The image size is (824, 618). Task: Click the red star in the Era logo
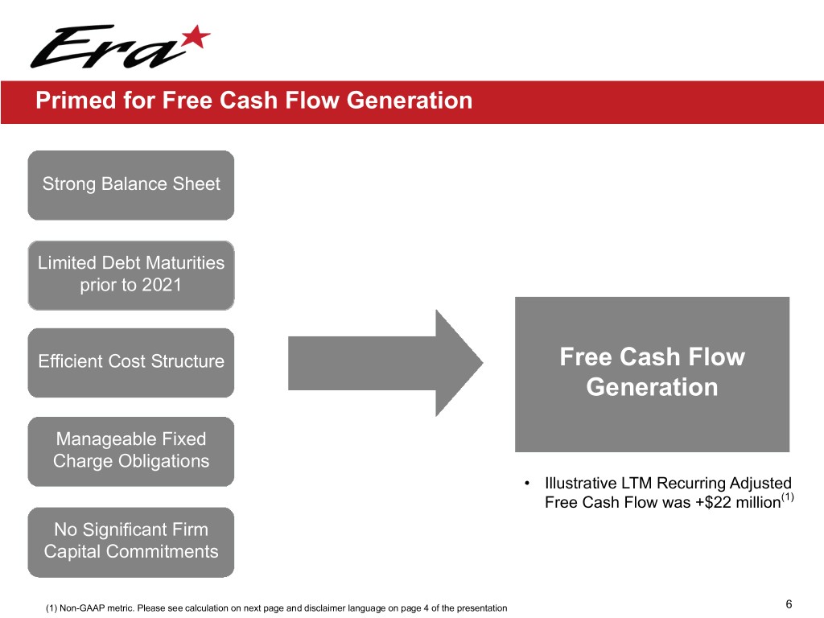point(196,37)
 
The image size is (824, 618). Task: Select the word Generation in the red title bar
point(410,101)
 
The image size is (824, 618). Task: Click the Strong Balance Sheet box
point(131,185)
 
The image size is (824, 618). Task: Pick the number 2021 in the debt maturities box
point(162,285)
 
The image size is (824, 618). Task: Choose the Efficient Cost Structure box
point(131,363)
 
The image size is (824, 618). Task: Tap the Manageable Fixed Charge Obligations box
point(131,451)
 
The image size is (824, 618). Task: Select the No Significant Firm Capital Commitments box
point(131,542)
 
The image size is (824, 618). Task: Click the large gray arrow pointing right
point(385,363)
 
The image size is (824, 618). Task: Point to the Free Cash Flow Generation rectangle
point(652,374)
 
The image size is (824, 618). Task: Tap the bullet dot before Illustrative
point(526,483)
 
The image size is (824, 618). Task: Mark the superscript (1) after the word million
point(787,496)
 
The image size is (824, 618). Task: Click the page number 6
point(789,604)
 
